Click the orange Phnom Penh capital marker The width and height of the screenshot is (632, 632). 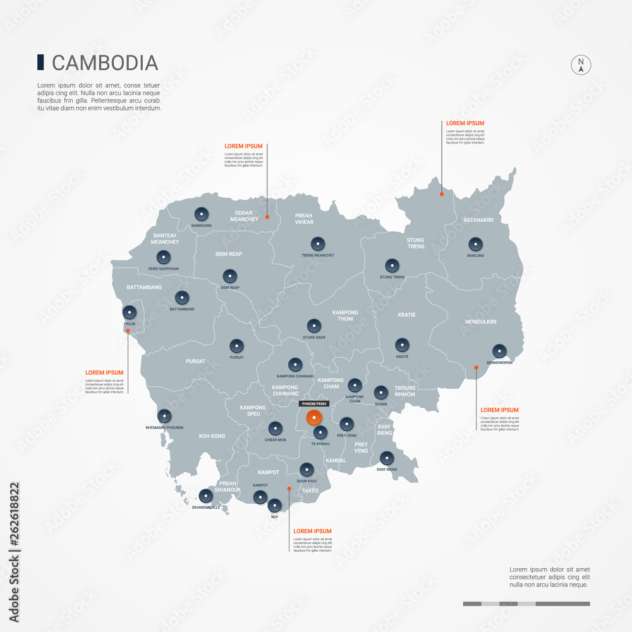click(x=313, y=418)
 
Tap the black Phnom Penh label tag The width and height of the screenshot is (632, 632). click(x=314, y=403)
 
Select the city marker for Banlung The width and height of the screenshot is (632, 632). click(x=476, y=244)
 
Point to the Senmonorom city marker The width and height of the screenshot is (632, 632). click(x=499, y=351)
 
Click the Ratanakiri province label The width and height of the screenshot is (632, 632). click(x=478, y=220)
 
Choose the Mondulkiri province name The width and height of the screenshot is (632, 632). click(x=480, y=322)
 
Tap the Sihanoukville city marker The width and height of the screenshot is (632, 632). click(x=206, y=496)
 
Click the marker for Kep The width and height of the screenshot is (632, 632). click(x=274, y=506)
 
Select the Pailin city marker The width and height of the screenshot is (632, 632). click(x=130, y=312)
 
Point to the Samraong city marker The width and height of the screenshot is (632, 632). click(x=201, y=214)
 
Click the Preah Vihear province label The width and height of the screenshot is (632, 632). click(x=304, y=219)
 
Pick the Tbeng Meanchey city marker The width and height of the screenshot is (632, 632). click(x=318, y=243)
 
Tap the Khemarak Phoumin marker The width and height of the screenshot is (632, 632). click(x=164, y=416)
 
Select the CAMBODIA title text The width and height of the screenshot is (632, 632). click(x=104, y=63)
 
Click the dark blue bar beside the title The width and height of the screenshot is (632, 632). click(x=40, y=62)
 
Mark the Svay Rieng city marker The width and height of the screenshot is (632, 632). click(x=387, y=458)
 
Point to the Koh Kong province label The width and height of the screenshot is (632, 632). click(x=212, y=436)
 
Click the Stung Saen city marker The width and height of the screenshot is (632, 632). click(x=314, y=326)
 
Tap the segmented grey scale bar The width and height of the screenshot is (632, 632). click(x=526, y=604)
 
